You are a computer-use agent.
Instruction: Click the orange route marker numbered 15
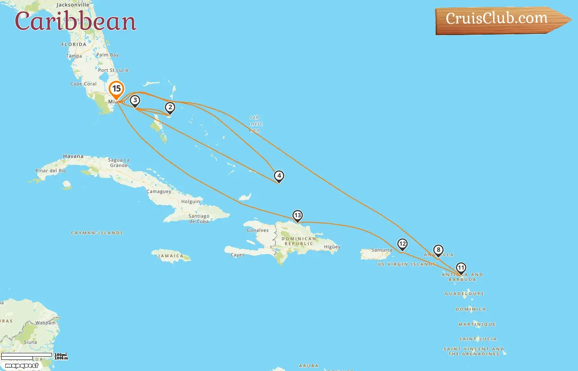point(116,89)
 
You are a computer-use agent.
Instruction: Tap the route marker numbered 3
point(135,100)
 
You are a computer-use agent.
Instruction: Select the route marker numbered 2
point(170,108)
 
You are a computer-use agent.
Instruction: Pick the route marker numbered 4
point(279,176)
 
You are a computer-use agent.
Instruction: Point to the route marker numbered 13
point(297,216)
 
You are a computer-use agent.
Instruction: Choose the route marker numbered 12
point(402,244)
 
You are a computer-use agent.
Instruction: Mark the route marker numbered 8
point(438,250)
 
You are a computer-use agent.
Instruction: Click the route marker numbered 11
point(461,268)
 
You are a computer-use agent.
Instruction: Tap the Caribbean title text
point(76,21)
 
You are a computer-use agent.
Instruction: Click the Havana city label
point(73,156)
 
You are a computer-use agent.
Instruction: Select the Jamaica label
point(171,256)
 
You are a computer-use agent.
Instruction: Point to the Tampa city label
point(74,56)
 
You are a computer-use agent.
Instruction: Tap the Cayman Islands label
point(97,233)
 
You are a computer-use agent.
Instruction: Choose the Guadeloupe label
point(464,294)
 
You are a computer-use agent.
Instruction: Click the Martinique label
point(477,324)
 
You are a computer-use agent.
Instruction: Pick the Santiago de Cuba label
point(199,218)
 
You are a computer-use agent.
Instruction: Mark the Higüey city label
point(332,247)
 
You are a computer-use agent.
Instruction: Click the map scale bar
point(27,356)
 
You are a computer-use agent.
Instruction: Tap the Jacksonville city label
point(73,5)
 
